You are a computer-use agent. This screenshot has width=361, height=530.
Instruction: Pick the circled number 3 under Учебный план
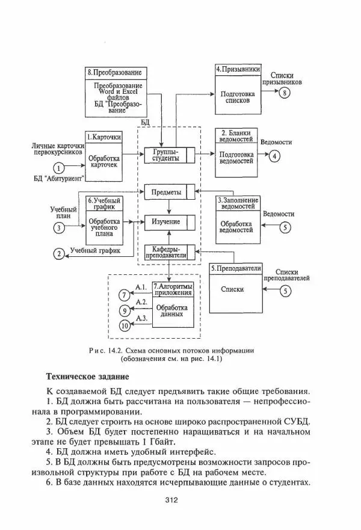(x=59, y=227)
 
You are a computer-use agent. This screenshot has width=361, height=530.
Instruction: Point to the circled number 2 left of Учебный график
(x=59, y=253)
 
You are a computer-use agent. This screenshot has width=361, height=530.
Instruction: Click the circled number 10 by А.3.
(x=125, y=325)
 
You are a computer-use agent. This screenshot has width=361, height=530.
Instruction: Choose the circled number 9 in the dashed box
(x=125, y=310)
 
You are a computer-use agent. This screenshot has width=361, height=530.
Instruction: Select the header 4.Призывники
(x=238, y=70)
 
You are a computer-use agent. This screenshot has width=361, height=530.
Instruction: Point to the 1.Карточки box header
(x=103, y=137)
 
